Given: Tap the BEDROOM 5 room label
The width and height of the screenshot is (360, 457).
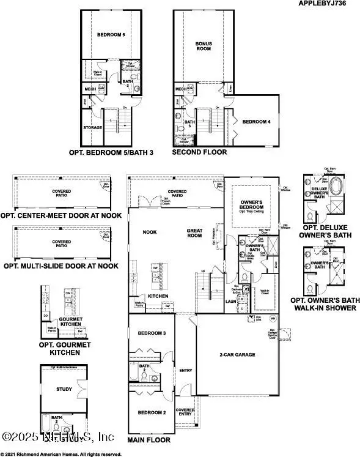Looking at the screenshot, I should pyautogui.click(x=111, y=35).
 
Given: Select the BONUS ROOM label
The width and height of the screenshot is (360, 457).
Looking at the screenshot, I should pyautogui.click(x=204, y=46).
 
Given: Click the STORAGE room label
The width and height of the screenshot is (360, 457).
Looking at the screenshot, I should pyautogui.click(x=93, y=128).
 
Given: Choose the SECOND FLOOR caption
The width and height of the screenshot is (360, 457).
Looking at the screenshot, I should pyautogui.click(x=199, y=151).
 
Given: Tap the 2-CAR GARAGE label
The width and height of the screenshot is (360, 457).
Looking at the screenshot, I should pyautogui.click(x=238, y=355).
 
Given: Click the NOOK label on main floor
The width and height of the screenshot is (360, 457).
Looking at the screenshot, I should pyautogui.click(x=150, y=232).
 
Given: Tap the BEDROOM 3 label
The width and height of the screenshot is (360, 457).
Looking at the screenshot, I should pyautogui.click(x=149, y=333).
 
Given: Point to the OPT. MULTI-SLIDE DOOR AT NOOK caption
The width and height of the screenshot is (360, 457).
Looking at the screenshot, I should pyautogui.click(x=61, y=266).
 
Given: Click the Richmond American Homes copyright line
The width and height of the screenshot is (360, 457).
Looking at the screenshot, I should pyautogui.click(x=61, y=454).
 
